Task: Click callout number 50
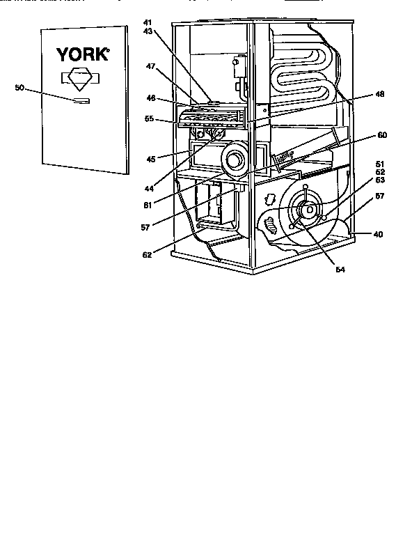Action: pos(19,88)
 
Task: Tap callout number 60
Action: pos(382,134)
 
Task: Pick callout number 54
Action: pos(340,268)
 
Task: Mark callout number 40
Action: pos(378,234)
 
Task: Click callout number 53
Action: pos(379,180)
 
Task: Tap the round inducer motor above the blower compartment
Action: pos(235,161)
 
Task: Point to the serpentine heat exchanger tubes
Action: pos(299,70)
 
